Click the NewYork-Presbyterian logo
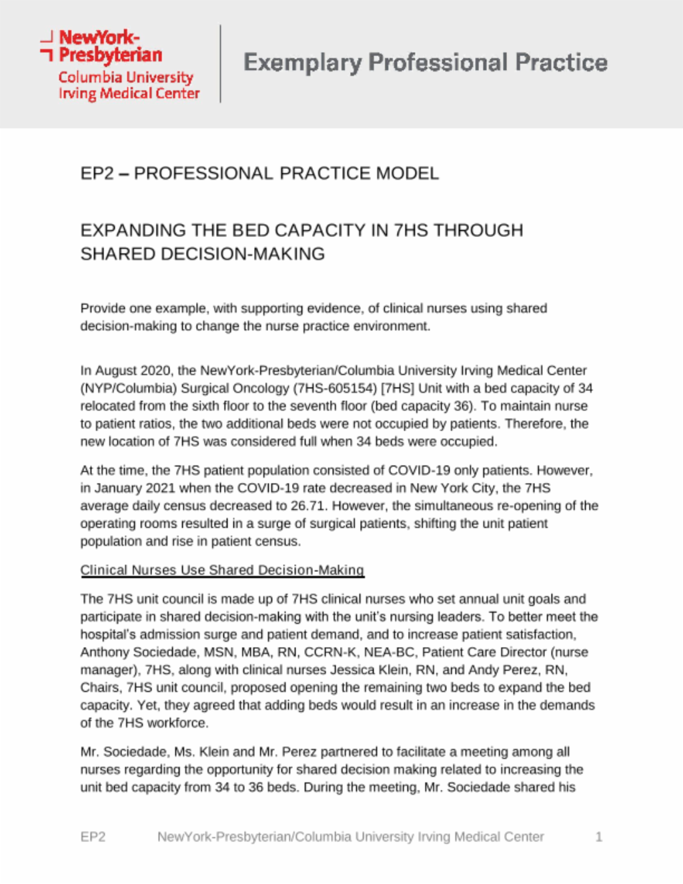click(120, 65)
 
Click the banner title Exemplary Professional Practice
click(426, 63)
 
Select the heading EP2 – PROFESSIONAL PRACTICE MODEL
click(259, 173)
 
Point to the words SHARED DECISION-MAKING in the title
click(203, 254)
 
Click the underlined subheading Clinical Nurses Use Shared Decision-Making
click(222, 570)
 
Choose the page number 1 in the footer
click(598, 837)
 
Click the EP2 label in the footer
click(93, 837)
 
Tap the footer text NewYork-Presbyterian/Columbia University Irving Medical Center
click(350, 837)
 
